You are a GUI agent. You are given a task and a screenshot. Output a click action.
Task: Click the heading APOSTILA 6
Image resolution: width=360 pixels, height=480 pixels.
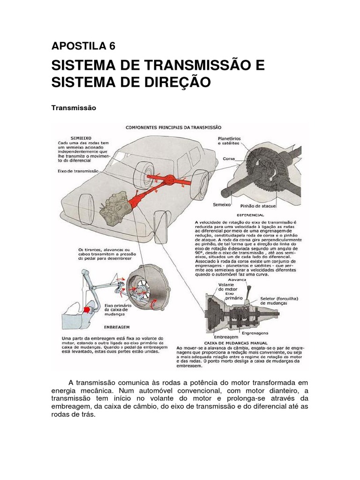pos(83,46)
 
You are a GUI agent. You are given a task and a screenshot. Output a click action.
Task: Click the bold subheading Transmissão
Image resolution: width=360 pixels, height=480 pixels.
pos(73,108)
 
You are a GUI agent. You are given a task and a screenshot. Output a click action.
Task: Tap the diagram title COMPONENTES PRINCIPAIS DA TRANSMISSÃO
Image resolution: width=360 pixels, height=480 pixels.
pos(173,127)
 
